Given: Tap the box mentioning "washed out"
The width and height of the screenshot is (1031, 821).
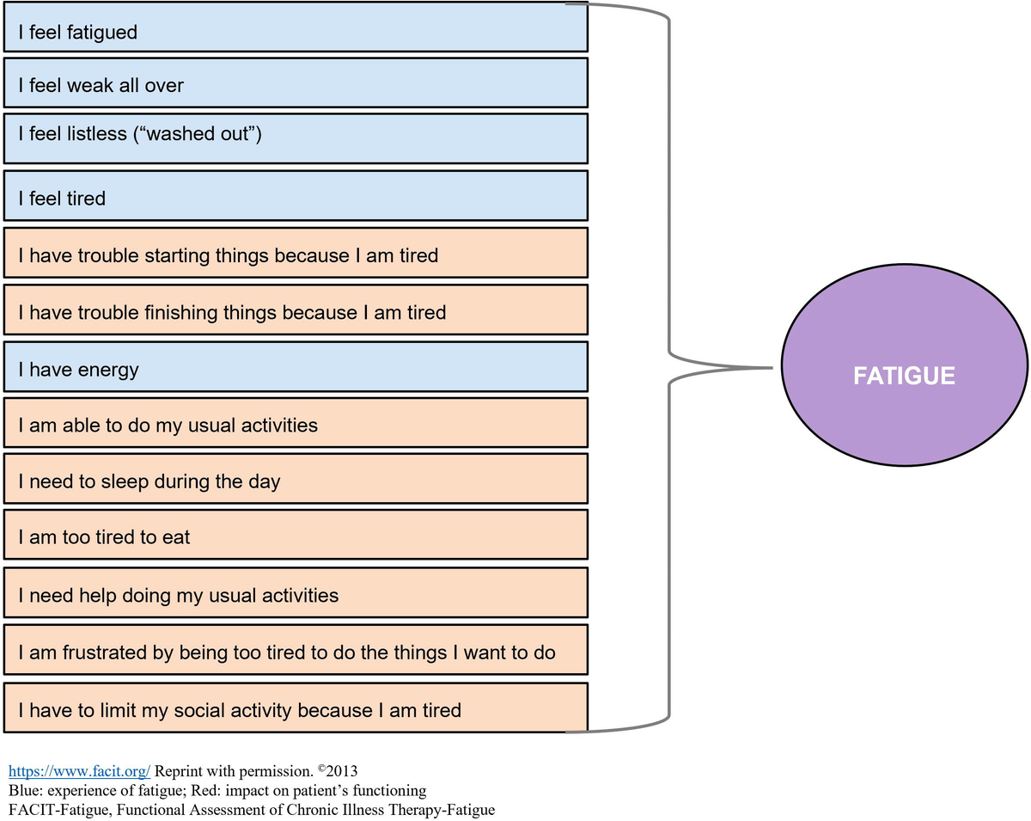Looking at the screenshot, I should [295, 138].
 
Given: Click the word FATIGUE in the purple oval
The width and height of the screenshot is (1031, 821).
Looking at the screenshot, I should [905, 376].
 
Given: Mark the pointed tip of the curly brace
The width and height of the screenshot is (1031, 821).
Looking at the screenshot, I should [772, 368].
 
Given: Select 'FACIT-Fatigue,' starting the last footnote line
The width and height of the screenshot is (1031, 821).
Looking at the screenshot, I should [55, 809].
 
